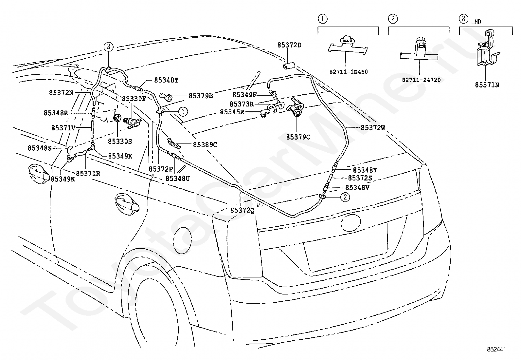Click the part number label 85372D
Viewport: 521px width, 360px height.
pyautogui.click(x=289, y=45)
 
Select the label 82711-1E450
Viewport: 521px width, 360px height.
pyautogui.click(x=349, y=72)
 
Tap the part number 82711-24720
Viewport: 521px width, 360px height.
pyautogui.click(x=421, y=80)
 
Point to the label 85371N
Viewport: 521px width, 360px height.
pyautogui.click(x=487, y=85)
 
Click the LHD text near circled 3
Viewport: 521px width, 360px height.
pyautogui.click(x=476, y=22)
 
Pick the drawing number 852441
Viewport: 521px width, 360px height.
pyautogui.click(x=496, y=349)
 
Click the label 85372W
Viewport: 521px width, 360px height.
pyautogui.click(x=373, y=128)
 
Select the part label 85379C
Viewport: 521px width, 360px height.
pyautogui.click(x=298, y=137)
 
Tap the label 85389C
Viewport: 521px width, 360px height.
pyautogui.click(x=205, y=144)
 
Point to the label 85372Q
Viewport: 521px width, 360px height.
pyautogui.click(x=243, y=210)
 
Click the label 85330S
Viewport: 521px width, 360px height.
pyautogui.click(x=120, y=141)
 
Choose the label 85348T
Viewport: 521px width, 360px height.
pyautogui.click(x=166, y=80)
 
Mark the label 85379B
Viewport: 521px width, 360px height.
pyautogui.click(x=201, y=96)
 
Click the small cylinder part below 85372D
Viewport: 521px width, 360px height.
pyautogui.click(x=289, y=66)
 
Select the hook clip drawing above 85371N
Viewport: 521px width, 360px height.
pyautogui.click(x=486, y=48)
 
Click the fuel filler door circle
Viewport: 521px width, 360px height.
pyautogui.click(x=182, y=240)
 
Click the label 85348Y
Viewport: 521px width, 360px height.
pyautogui.click(x=365, y=170)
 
